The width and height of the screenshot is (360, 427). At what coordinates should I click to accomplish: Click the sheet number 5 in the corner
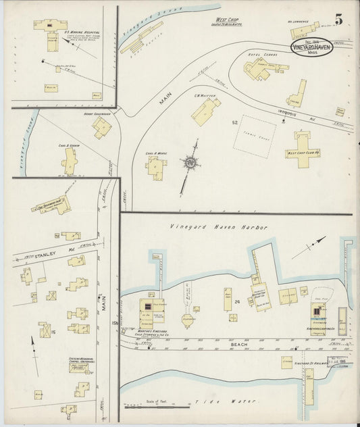(x=337, y=20)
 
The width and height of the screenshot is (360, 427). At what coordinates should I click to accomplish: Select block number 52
(x=235, y=123)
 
